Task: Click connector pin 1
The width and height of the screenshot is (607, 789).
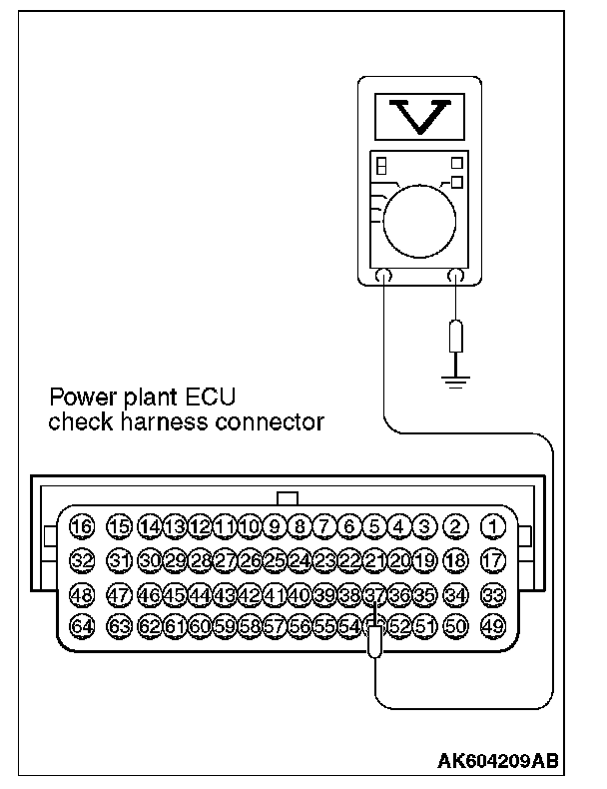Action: (x=493, y=526)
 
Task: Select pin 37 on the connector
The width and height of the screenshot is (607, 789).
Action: (x=374, y=595)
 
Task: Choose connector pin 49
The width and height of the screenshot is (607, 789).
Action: (x=493, y=627)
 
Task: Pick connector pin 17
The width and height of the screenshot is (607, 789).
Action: (x=493, y=560)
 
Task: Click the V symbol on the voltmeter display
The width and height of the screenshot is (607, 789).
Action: (x=420, y=118)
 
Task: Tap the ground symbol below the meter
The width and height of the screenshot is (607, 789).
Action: (x=456, y=380)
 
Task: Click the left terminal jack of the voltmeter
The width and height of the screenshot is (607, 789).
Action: (x=383, y=277)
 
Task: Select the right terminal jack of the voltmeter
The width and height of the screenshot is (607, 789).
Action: (x=456, y=277)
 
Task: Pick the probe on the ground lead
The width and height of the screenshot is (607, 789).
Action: (x=456, y=337)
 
